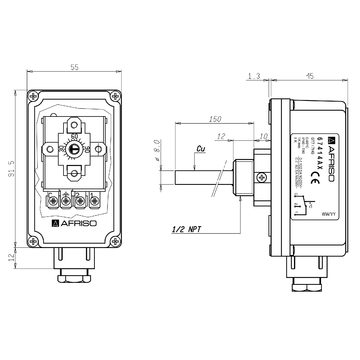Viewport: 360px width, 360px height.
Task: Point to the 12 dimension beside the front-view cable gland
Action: [x=10, y=257]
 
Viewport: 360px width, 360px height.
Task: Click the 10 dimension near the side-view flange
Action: [x=262, y=134]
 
